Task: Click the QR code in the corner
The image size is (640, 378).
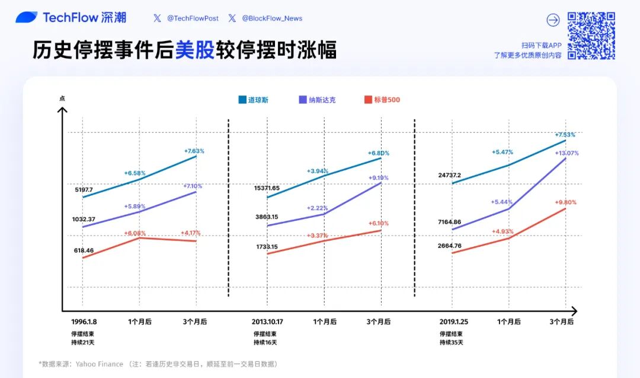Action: pyautogui.click(x=591, y=36)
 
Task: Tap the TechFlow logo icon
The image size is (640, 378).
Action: pyautogui.click(x=27, y=18)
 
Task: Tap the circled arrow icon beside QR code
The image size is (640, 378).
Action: pyautogui.click(x=553, y=20)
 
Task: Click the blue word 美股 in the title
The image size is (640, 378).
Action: pyautogui.click(x=194, y=51)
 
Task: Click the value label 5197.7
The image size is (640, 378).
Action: pyautogui.click(x=84, y=189)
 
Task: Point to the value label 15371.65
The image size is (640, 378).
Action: pyautogui.click(x=267, y=188)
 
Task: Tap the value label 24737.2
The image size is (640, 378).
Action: pyautogui.click(x=450, y=175)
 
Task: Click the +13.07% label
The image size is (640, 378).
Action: pyautogui.click(x=567, y=153)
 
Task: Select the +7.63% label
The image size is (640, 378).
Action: pyautogui.click(x=194, y=151)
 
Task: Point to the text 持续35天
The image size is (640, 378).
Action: pyautogui.click(x=451, y=342)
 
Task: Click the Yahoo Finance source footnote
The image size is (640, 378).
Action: pyautogui.click(x=158, y=364)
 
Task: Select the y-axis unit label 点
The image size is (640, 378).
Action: pyautogui.click(x=62, y=98)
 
